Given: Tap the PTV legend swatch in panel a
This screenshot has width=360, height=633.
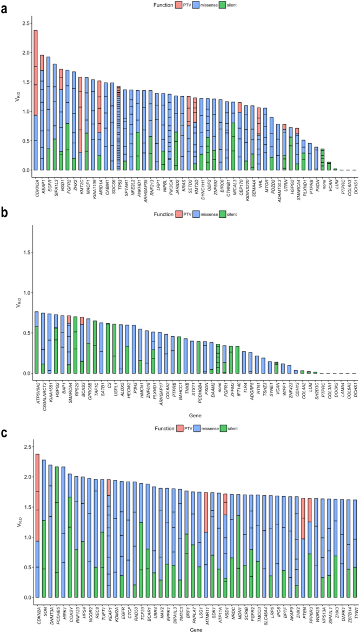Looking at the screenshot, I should point(177,5).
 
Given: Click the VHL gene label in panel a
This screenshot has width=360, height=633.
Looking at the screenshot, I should point(258,180).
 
